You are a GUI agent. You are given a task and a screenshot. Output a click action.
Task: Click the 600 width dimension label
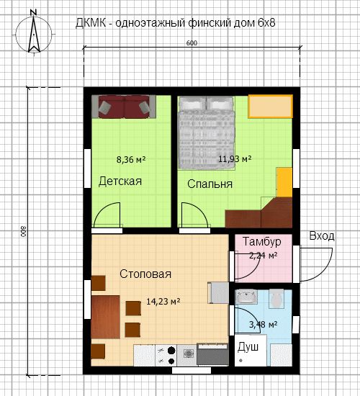point(192,43)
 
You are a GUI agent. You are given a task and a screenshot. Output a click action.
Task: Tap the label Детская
point(120,181)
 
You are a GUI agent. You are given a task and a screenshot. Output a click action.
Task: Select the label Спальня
point(210,184)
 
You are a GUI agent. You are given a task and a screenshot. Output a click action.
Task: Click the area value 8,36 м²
point(131,160)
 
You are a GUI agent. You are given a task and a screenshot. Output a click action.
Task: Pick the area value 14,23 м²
point(163,301)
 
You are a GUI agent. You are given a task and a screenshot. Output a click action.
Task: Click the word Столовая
point(145,274)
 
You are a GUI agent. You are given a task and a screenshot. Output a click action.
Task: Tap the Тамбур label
point(262,241)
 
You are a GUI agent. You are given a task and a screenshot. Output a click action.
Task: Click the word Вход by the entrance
point(322,235)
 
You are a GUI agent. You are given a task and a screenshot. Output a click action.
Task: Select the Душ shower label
point(248,347)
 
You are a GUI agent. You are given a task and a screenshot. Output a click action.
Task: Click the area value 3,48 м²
point(264,324)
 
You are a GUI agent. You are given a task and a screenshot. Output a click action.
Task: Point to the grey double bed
point(207,132)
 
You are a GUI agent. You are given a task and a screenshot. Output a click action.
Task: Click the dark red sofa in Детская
point(124,107)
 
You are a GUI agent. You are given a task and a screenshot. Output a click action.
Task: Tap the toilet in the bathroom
point(276,299)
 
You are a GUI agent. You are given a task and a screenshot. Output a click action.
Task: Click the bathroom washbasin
point(246,296)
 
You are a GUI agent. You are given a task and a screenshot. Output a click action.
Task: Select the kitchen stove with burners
point(166,356)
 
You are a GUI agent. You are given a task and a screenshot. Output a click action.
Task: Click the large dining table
point(105,317)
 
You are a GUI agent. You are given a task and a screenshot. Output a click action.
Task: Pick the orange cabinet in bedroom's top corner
point(270,107)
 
